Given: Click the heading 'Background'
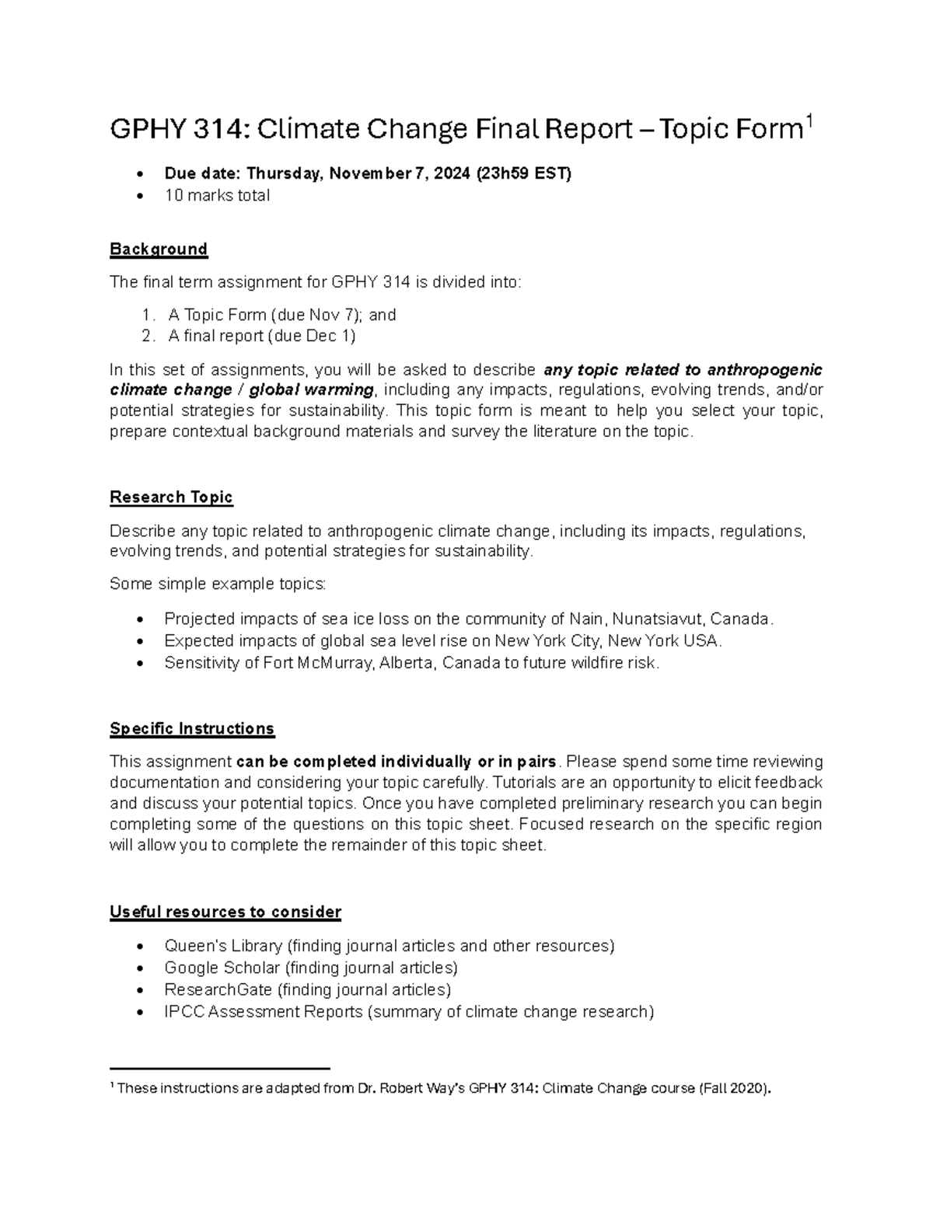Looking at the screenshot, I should click(x=159, y=249).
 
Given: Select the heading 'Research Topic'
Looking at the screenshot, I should click(x=171, y=497).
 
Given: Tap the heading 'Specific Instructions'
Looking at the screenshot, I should click(x=192, y=729).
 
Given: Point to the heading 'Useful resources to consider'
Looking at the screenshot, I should click(x=225, y=912).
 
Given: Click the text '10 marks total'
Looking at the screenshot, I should click(x=217, y=196).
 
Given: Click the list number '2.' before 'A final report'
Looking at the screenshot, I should click(x=149, y=336).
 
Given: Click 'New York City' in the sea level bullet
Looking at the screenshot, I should click(x=547, y=641).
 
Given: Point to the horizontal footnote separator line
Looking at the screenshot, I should click(x=220, y=1069).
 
